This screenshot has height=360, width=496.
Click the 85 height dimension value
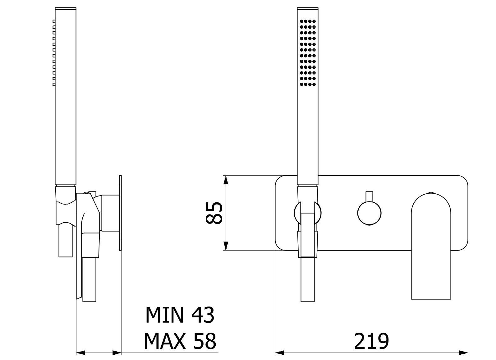(x=214, y=213)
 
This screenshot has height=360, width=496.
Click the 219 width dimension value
(x=371, y=341)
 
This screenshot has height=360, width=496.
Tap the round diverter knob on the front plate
(x=369, y=213)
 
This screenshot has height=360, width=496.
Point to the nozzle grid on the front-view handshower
(x=308, y=53)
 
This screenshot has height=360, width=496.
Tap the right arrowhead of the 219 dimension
(x=464, y=353)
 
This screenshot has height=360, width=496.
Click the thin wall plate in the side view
(x=120, y=213)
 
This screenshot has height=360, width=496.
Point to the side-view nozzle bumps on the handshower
(x=54, y=53)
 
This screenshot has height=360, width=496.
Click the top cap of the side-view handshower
(x=66, y=9)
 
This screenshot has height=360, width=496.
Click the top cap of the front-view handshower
(x=308, y=9)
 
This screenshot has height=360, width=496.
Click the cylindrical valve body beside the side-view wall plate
(x=110, y=213)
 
